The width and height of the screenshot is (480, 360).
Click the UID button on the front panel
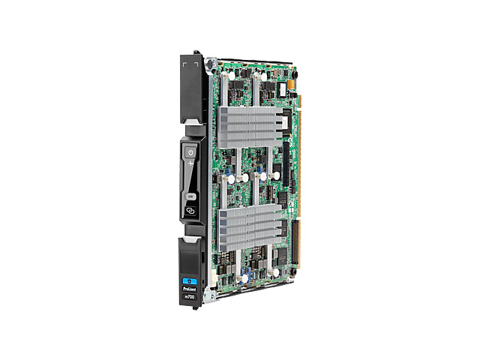coord(192,196)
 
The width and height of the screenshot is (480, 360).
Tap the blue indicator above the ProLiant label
coord(190,263)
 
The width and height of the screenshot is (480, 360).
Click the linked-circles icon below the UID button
coord(192,211)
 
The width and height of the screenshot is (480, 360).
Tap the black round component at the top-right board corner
coord(292,74)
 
